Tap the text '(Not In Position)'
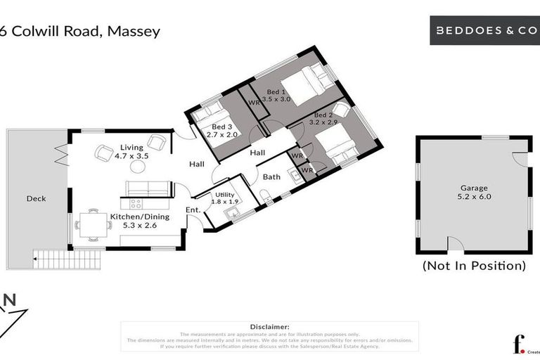coord(473,266)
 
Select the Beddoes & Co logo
coord(484,31)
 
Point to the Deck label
coord(36,199)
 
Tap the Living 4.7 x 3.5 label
coord(131,151)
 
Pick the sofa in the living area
coord(147,188)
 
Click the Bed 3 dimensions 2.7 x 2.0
coord(219,134)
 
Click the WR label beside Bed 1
coord(253,103)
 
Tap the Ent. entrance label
coord(193,210)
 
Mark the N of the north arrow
coord(11,300)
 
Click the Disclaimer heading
coord(269,327)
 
